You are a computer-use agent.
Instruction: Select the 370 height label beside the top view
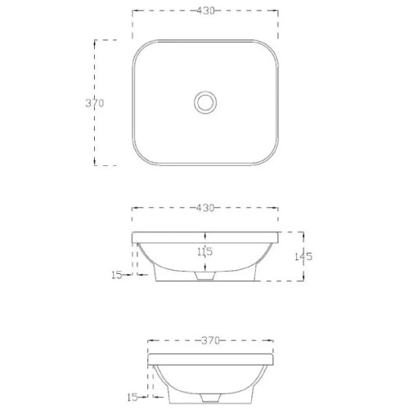coord(95,103)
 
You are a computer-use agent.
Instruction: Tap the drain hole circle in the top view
coord(204,103)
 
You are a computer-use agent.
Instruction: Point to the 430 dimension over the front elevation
coord(204,209)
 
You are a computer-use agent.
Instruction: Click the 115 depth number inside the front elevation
coord(204,252)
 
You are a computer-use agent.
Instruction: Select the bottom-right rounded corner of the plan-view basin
coord(270,160)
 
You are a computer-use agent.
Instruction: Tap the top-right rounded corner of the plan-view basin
coord(270,46)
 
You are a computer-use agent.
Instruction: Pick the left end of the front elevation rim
coord(134,238)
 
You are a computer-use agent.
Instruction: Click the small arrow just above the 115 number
coord(204,244)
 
